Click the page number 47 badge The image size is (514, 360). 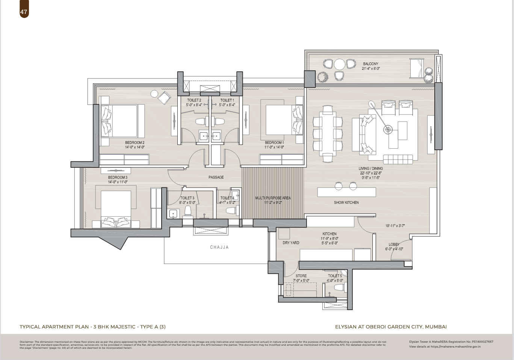(24, 12)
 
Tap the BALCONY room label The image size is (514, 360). (370, 64)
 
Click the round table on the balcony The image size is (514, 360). (340, 64)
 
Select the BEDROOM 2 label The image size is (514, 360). (135, 143)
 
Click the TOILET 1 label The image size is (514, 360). (227, 100)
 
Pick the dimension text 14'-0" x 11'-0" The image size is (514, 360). (118, 182)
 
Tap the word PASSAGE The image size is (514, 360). (216, 177)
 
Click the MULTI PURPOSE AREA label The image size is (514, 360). (273, 198)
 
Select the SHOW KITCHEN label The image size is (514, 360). (346, 202)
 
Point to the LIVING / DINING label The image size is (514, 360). (370, 169)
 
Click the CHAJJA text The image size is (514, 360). (219, 247)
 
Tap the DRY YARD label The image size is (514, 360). (291, 243)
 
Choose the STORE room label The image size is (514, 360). (301, 276)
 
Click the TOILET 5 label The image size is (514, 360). (335, 276)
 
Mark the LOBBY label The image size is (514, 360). (394, 244)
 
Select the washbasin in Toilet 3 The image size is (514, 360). (173, 214)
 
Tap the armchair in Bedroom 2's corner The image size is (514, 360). (164, 98)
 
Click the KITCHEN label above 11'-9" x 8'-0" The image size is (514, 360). (329, 234)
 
